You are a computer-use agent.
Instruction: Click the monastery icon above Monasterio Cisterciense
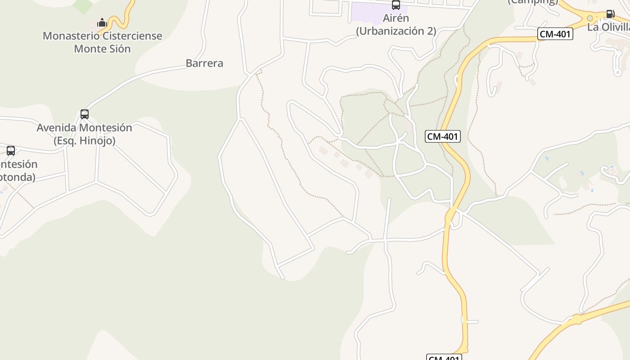(x=102, y=22)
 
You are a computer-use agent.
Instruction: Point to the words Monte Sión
(x=102, y=49)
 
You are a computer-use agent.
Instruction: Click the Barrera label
(x=204, y=63)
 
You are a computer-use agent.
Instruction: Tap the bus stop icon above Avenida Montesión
(x=85, y=114)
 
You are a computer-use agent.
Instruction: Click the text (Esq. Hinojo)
(x=85, y=141)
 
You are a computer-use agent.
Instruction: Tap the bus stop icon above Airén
(x=396, y=5)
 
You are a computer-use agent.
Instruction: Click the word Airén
(x=396, y=18)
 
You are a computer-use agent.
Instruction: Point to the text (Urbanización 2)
(x=396, y=31)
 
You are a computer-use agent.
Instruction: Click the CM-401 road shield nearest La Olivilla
(x=555, y=34)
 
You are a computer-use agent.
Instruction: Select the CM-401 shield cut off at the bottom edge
(x=444, y=358)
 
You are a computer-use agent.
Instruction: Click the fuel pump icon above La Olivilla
(x=610, y=14)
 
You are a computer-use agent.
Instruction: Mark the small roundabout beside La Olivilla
(x=589, y=18)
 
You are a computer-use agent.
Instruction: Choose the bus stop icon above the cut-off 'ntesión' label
(x=11, y=151)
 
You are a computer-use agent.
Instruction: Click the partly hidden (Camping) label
(x=533, y=2)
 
